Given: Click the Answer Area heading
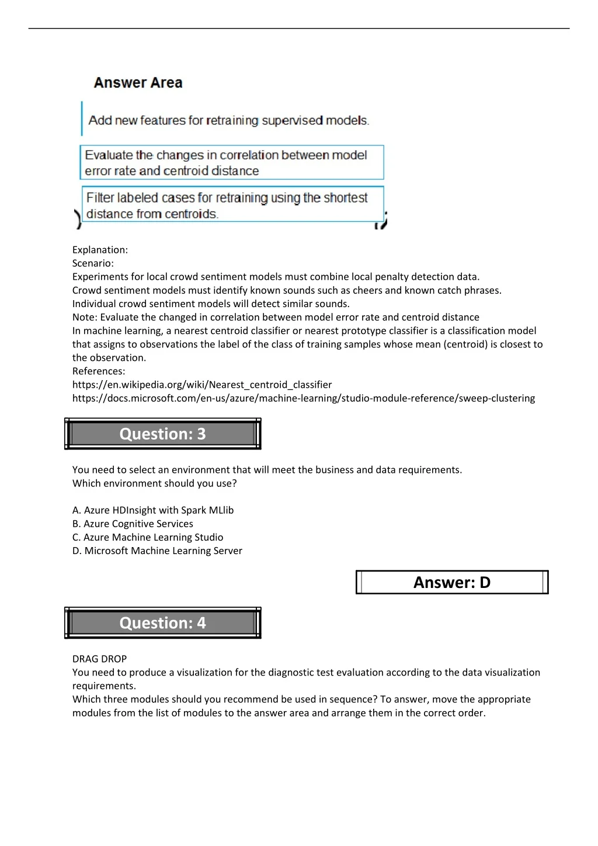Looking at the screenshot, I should tap(138, 83).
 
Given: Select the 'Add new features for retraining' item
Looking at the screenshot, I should tap(228, 120).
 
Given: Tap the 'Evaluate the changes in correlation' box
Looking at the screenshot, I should tap(232, 162).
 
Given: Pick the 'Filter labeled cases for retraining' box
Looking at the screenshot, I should tap(232, 205).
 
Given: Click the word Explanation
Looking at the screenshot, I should tap(100, 250).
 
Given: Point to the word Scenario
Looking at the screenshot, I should tap(93, 263).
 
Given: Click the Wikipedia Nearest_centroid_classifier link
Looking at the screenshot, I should tap(202, 385).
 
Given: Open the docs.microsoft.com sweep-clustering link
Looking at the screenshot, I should tap(304, 398).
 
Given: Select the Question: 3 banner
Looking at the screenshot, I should tap(162, 434).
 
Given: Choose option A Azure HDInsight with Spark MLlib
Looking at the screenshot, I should tap(153, 510).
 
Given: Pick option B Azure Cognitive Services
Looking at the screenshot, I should tap(133, 524).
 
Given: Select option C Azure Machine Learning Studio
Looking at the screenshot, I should tap(148, 537).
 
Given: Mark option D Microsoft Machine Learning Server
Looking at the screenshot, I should tap(157, 551).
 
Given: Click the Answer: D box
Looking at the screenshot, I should tap(452, 582).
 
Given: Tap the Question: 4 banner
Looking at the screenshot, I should tap(162, 623).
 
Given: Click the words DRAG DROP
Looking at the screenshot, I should tap(99, 659).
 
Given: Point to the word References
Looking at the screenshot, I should tap(98, 371).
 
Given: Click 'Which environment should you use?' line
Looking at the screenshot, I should tap(155, 483).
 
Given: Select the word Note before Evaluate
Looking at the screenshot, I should tap(85, 317).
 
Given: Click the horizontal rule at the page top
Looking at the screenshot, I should tap(299, 29).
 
